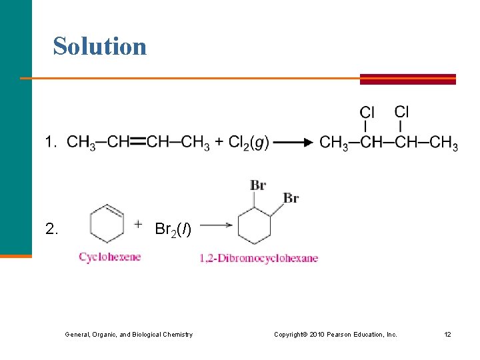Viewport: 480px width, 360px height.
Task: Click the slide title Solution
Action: (x=100, y=46)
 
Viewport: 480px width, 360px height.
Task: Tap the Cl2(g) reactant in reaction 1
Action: (x=249, y=143)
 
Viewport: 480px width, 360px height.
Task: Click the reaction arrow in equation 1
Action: (x=293, y=143)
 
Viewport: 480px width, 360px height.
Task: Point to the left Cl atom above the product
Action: (x=367, y=113)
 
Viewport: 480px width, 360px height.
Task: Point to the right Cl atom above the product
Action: (x=402, y=111)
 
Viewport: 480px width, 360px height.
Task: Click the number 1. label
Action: (x=51, y=142)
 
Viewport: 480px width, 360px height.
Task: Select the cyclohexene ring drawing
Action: (x=107, y=223)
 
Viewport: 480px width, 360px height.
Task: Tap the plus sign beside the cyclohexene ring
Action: (x=138, y=224)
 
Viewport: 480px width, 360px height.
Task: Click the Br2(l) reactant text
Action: (x=173, y=230)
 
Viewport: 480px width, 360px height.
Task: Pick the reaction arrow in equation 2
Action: (x=216, y=225)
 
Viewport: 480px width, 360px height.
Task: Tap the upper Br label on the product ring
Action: (x=259, y=185)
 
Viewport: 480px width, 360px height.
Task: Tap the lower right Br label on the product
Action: (x=291, y=198)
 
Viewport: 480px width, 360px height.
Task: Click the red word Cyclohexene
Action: (x=110, y=257)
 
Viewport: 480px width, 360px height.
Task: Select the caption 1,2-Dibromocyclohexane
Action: (x=259, y=258)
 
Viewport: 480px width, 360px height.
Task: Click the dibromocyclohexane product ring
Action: (x=255, y=227)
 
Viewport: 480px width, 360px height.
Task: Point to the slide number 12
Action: (x=447, y=334)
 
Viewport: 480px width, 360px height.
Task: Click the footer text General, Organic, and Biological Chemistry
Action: (x=129, y=334)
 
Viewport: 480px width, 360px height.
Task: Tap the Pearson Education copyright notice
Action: (x=335, y=334)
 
